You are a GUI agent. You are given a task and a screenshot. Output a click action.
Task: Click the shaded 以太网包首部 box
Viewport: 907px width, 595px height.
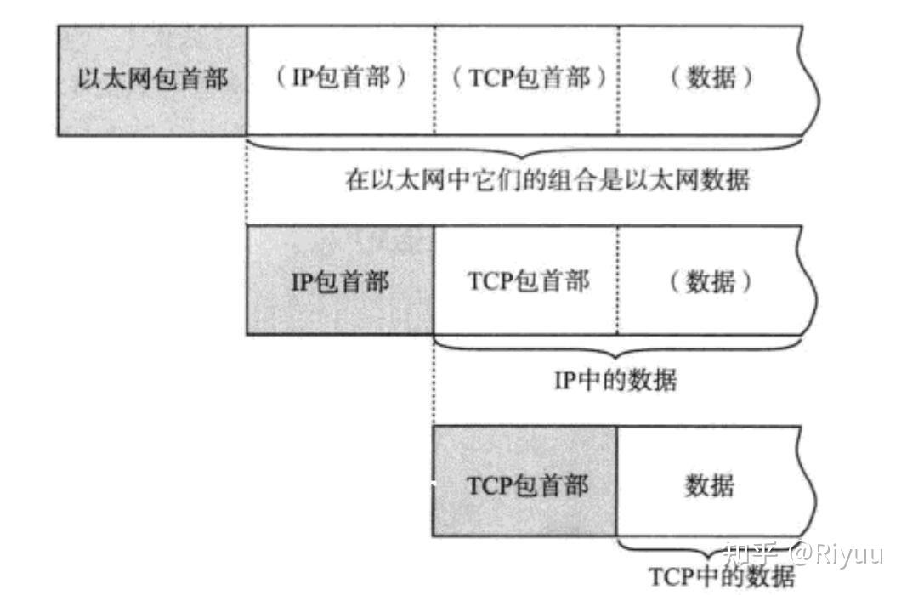click(x=152, y=81)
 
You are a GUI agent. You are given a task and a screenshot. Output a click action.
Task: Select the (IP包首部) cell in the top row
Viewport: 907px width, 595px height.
click(x=340, y=79)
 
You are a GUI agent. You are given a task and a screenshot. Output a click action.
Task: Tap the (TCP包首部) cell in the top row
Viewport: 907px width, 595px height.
click(x=526, y=79)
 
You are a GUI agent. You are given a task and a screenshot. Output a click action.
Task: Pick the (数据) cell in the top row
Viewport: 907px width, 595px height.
click(x=711, y=79)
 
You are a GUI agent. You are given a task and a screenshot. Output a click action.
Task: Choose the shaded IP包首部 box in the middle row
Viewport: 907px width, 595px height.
click(x=340, y=281)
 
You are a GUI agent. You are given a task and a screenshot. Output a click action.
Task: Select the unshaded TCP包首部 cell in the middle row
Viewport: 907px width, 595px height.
click(x=526, y=280)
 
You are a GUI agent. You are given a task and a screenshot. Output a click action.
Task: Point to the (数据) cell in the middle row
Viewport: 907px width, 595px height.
click(x=711, y=281)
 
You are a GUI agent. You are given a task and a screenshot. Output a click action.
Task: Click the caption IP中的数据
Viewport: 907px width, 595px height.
click(x=615, y=380)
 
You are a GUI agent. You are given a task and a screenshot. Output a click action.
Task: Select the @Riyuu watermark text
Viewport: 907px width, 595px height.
click(x=836, y=554)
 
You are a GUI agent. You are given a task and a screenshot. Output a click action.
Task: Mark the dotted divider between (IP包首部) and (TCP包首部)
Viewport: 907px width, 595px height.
click(x=434, y=81)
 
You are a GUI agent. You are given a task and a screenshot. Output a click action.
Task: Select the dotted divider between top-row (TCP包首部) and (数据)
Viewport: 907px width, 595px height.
click(x=618, y=81)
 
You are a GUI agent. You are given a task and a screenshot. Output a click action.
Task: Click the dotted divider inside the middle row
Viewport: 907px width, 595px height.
click(x=618, y=280)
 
